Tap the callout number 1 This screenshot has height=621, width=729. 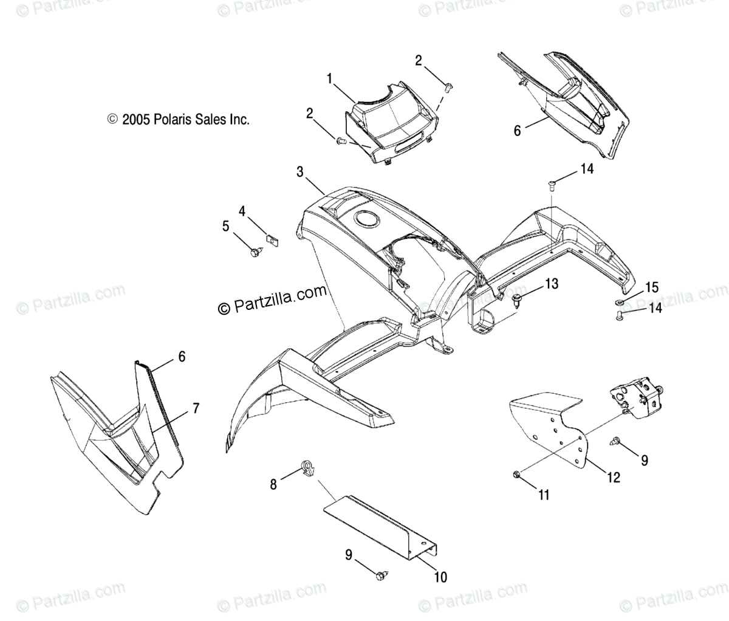[329, 78]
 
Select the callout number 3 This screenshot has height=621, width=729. [300, 173]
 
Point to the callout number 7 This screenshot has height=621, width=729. [196, 408]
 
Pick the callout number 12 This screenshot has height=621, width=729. [613, 477]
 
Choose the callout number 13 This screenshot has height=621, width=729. [550, 283]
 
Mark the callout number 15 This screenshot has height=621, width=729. [651, 287]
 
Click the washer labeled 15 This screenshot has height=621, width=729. [618, 302]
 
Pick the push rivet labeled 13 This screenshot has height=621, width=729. [518, 299]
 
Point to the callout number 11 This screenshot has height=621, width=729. [543, 495]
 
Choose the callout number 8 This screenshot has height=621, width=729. [273, 484]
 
